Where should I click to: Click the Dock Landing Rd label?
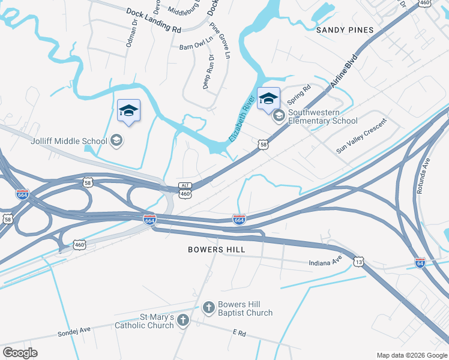coord(154,20)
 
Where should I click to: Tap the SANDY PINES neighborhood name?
coord(345,29)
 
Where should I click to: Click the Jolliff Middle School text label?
coord(68,141)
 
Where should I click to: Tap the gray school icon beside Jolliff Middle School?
coord(116,141)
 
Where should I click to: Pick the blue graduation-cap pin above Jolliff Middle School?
coord(128,111)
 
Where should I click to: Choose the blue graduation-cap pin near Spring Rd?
coord(268,99)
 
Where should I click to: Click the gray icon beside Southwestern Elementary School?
coord(279,116)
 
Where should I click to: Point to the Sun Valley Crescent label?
coord(361,136)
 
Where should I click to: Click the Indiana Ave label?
coord(325,263)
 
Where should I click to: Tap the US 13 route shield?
coord(358,262)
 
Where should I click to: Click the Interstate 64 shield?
coord(420,263)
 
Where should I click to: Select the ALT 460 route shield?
coord(185,190)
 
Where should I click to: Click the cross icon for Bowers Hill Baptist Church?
coord(208,308)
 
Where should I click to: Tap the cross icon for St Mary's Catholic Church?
coord(183,320)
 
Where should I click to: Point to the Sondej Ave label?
coord(74,329)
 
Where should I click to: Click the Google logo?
coord(20,352)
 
